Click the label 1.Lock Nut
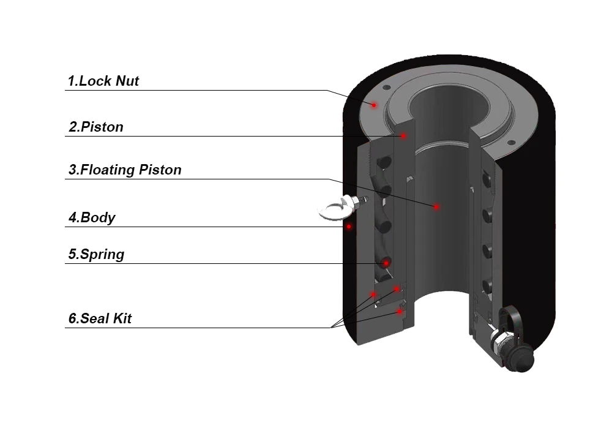click(x=103, y=81)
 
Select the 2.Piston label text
click(x=95, y=127)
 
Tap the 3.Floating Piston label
click(x=124, y=170)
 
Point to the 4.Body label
click(x=91, y=217)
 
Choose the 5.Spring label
click(x=95, y=254)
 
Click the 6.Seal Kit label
click(x=99, y=318)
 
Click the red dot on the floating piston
click(x=436, y=207)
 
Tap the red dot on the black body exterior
click(x=349, y=227)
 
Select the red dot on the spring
click(x=386, y=263)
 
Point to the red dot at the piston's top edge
click(x=403, y=135)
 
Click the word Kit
click(x=121, y=318)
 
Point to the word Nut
click(x=127, y=81)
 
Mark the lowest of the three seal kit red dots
click(x=400, y=312)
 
